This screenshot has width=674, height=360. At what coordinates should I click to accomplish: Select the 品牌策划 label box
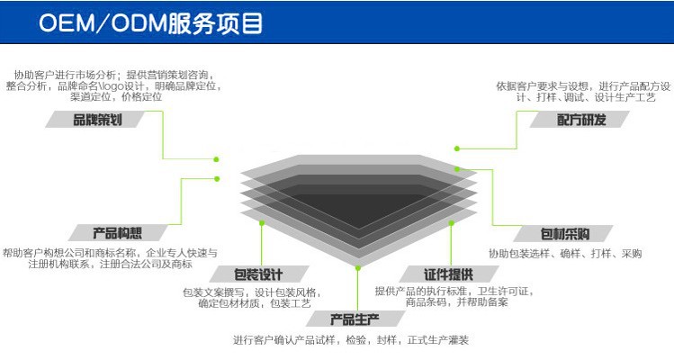click(x=98, y=120)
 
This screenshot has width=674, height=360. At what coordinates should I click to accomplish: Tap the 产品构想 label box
click(x=118, y=232)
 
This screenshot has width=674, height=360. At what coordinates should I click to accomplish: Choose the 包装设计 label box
click(x=257, y=274)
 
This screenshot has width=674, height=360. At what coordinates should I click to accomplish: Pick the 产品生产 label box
click(x=355, y=319)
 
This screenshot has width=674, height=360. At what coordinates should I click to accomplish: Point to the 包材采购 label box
click(x=564, y=232)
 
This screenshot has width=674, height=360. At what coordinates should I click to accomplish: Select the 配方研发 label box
click(x=580, y=120)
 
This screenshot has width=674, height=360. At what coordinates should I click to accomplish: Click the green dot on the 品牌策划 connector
click(x=216, y=158)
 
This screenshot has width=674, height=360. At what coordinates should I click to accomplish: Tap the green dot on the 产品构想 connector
click(x=216, y=176)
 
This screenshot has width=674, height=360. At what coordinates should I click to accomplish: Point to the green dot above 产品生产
click(x=357, y=267)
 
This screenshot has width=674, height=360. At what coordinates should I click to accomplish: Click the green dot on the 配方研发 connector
click(x=457, y=148)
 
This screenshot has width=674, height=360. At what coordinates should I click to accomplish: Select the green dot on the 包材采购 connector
click(x=457, y=168)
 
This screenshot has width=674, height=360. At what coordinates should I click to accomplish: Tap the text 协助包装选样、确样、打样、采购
click(x=564, y=254)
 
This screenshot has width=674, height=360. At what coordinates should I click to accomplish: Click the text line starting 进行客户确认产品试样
click(x=350, y=340)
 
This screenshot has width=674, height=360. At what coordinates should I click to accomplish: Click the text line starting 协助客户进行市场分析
click(x=114, y=75)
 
